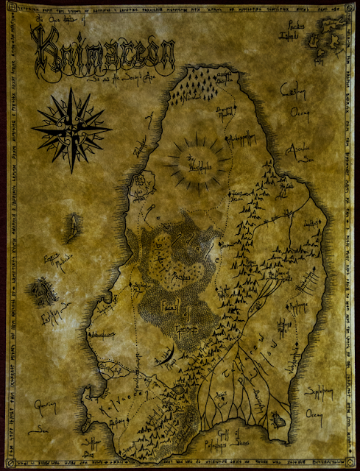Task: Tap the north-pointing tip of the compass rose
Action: point(71,90)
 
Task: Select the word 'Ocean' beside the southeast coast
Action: point(325,419)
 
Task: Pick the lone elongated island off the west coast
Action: point(76,224)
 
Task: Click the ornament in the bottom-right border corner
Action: point(352,463)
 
